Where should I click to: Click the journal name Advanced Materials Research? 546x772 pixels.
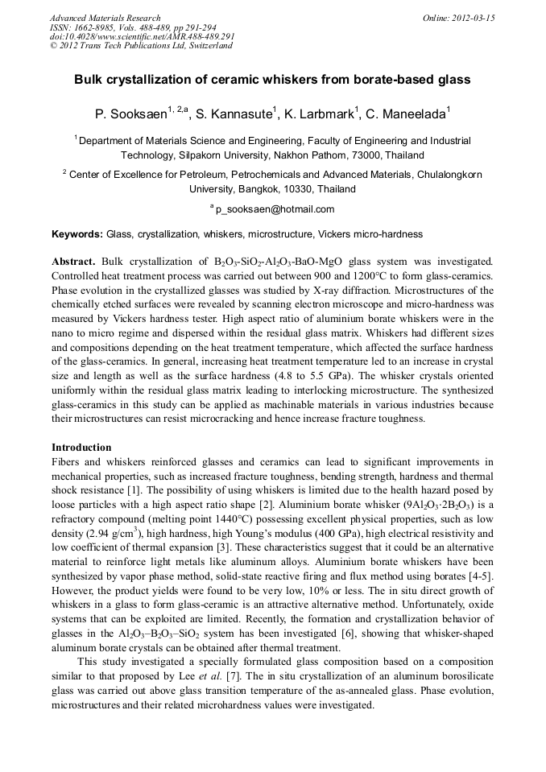click(105, 18)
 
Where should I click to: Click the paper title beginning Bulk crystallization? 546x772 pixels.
click(272, 80)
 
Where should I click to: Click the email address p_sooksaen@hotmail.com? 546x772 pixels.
click(275, 209)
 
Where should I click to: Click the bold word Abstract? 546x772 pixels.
click(73, 262)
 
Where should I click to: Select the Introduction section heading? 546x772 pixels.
click(81, 447)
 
